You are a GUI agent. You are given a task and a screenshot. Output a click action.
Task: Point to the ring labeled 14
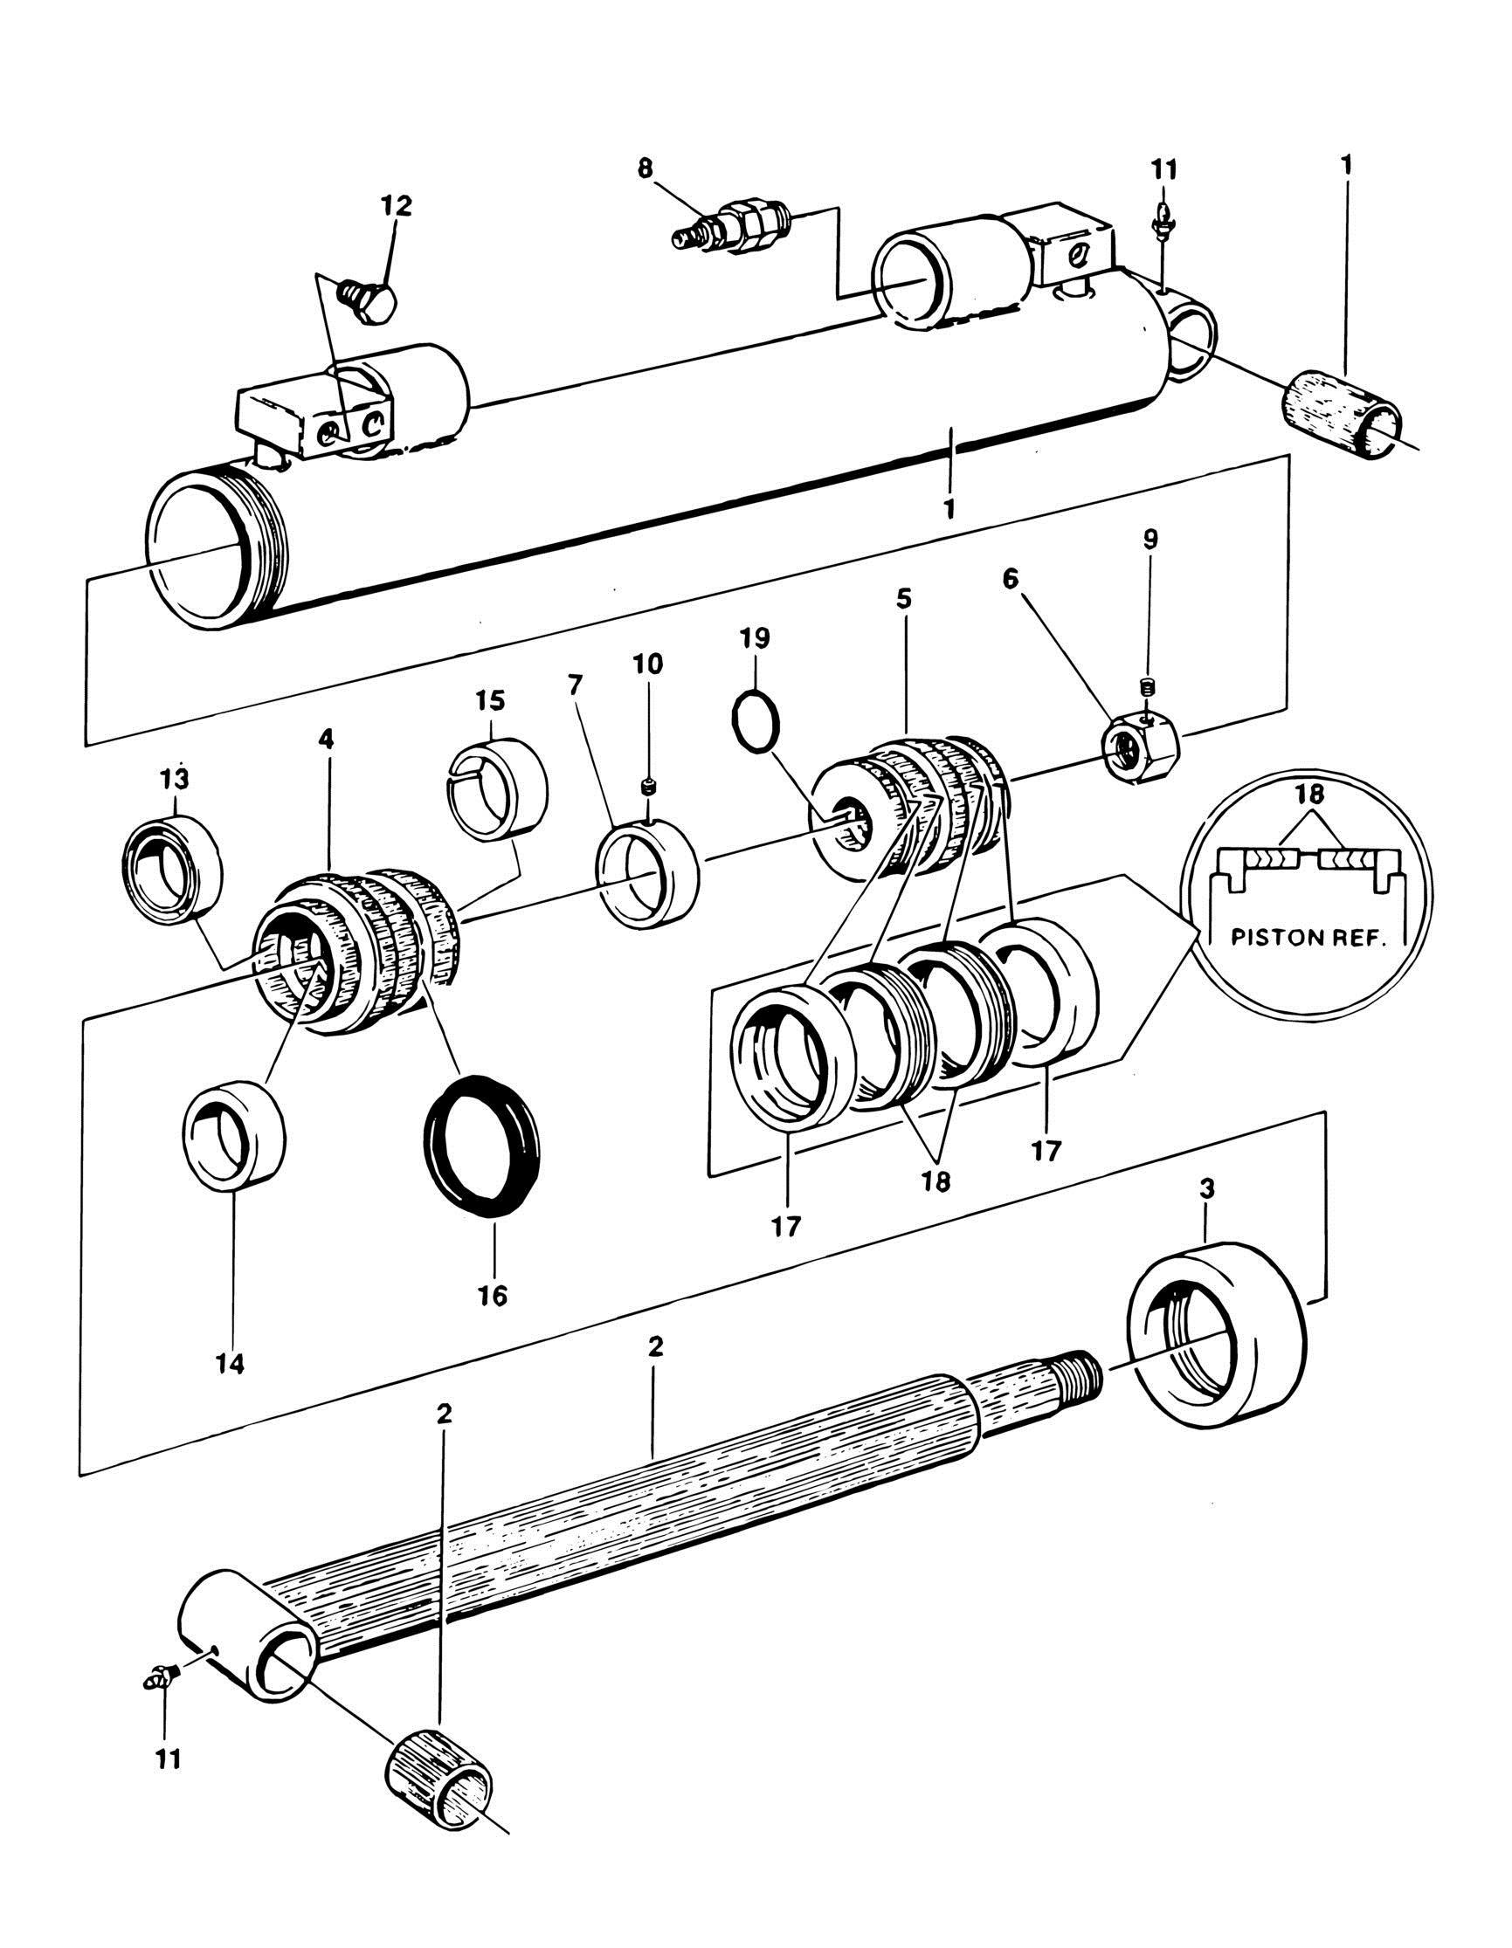click(x=233, y=1133)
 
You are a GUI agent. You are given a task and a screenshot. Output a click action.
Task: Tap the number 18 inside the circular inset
click(x=1308, y=796)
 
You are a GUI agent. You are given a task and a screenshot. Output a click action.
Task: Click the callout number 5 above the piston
click(x=905, y=598)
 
